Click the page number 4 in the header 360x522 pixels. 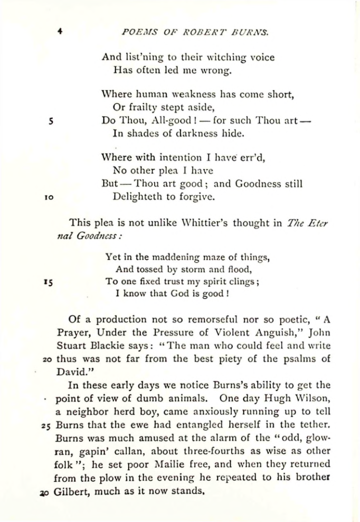[x=61, y=31]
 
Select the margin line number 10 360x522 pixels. [x=50, y=198]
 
